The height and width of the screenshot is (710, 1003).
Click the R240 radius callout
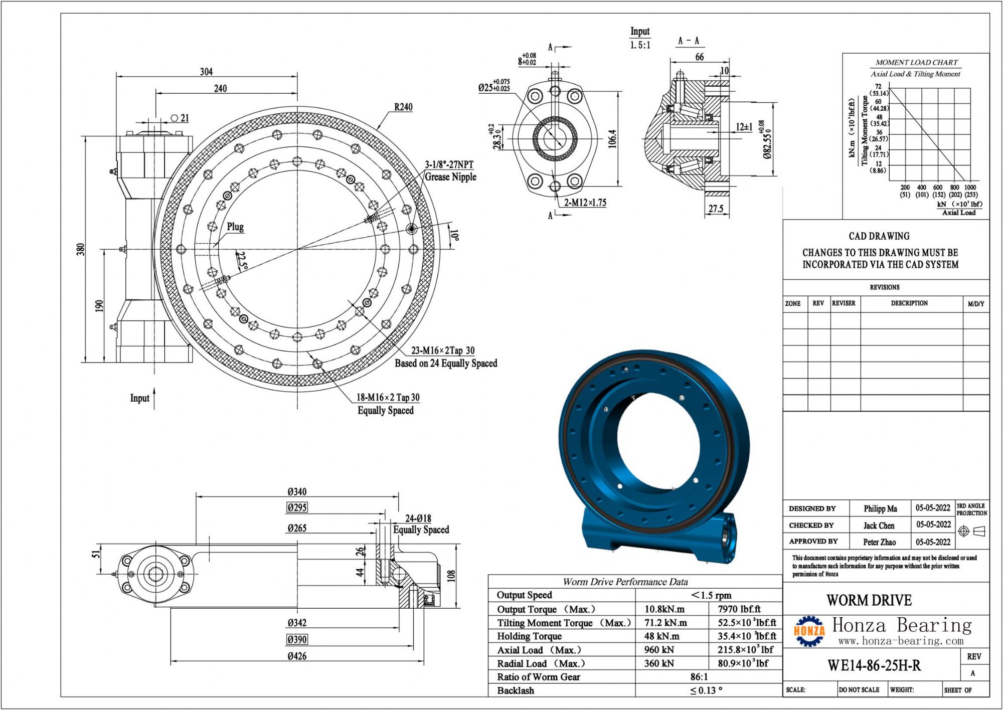tap(403, 107)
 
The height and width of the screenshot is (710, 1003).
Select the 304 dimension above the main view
tap(206, 72)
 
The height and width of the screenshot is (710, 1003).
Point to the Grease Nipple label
tap(450, 176)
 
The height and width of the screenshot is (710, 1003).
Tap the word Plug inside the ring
tap(235, 227)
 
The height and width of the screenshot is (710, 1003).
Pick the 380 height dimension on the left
tap(81, 249)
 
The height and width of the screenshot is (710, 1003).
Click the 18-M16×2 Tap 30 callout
tap(387, 397)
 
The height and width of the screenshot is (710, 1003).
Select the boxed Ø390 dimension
tap(297, 639)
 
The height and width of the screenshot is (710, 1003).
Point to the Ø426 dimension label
tap(297, 656)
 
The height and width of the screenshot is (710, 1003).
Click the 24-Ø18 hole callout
tap(418, 518)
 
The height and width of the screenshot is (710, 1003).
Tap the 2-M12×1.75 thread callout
tap(585, 203)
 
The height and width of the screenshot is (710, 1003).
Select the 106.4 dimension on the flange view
tap(612, 139)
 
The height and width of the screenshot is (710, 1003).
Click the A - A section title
tap(688, 41)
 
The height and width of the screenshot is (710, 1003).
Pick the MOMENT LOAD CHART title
tap(916, 63)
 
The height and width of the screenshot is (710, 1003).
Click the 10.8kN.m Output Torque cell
tap(664, 609)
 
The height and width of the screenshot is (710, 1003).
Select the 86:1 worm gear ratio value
tap(699, 676)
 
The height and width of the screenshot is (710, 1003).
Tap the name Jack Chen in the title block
tap(879, 525)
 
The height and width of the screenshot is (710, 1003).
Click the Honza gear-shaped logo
tap(809, 631)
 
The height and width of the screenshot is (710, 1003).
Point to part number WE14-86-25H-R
tap(874, 665)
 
